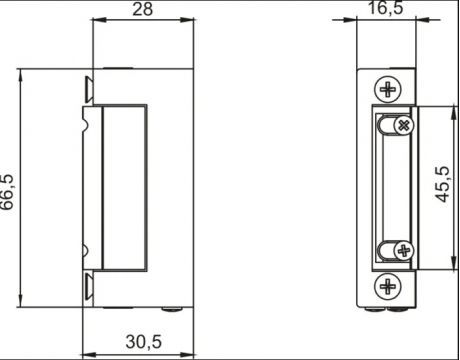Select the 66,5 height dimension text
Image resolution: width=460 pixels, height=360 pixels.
pyautogui.click(x=9, y=190)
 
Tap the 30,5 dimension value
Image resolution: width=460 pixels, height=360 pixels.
pyautogui.click(x=144, y=341)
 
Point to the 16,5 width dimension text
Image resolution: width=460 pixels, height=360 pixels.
pyautogui.click(x=385, y=11)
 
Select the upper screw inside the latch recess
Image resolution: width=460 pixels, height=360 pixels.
pyautogui.click(x=402, y=125)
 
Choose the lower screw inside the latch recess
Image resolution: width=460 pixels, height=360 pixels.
pyautogui.click(x=401, y=250)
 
